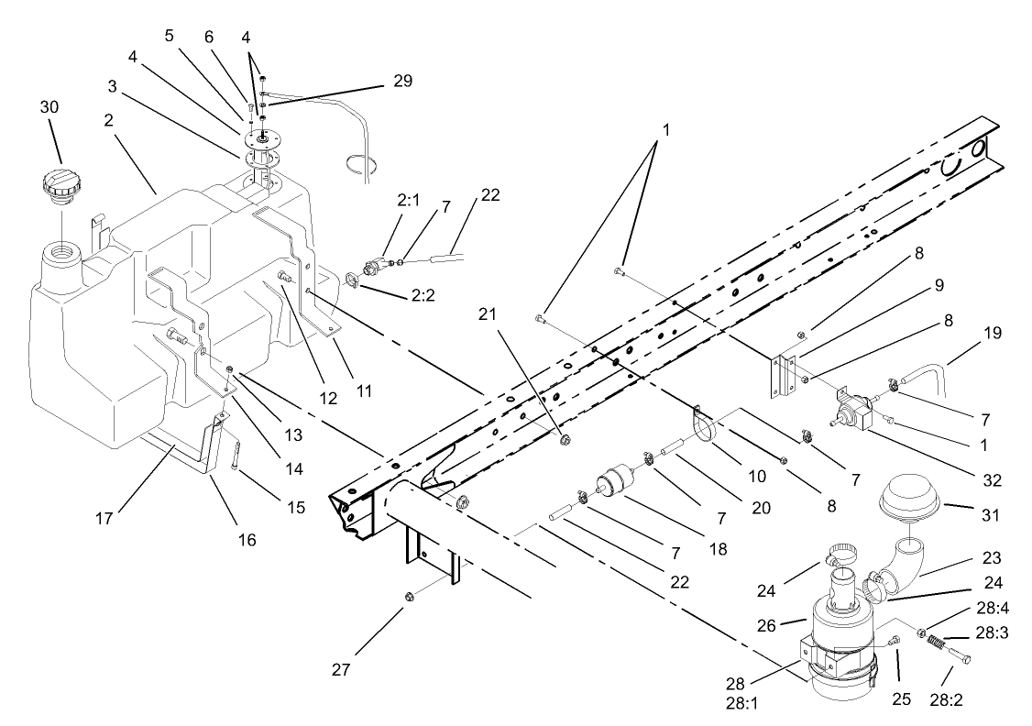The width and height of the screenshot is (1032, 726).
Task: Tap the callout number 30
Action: [49, 106]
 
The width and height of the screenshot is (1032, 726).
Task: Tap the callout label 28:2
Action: [947, 700]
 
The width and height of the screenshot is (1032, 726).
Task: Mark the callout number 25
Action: [903, 699]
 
